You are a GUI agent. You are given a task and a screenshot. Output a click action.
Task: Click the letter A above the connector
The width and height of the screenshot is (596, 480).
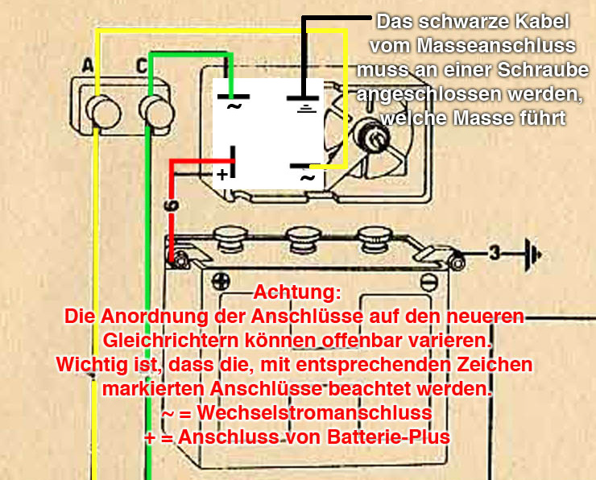(x=88, y=65)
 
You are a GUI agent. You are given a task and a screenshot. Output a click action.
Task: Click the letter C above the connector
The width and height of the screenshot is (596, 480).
(x=142, y=66)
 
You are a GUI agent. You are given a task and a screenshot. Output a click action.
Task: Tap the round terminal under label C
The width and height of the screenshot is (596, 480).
(x=156, y=112)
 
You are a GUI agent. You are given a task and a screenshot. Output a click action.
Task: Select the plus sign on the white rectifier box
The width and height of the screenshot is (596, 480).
(x=222, y=175)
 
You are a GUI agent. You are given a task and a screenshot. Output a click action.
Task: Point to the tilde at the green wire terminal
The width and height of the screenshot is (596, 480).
(x=234, y=106)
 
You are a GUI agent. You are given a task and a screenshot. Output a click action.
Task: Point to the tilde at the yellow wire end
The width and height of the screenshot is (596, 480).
(x=308, y=177)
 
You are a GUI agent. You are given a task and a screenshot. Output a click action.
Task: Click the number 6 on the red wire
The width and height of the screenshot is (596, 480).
(x=172, y=205)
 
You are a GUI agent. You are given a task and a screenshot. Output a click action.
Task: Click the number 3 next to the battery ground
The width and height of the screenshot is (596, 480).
(x=495, y=253)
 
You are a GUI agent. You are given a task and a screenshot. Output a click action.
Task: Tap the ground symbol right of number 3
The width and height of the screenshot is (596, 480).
(x=533, y=254)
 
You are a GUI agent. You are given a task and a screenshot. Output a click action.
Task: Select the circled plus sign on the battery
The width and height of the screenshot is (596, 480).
(x=221, y=282)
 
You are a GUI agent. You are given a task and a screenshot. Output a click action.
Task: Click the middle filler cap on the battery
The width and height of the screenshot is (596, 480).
(x=301, y=238)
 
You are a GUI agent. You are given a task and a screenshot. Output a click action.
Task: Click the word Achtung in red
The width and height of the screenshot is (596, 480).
(x=297, y=292)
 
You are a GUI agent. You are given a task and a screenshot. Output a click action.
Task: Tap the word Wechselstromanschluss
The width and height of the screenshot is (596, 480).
(x=314, y=412)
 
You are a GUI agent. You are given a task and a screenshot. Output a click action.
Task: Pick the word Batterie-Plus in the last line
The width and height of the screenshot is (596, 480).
(x=388, y=437)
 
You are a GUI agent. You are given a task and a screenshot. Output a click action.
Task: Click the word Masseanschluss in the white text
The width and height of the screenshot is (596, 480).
(x=496, y=46)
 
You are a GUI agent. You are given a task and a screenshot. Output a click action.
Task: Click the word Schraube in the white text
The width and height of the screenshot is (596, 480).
(x=543, y=69)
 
